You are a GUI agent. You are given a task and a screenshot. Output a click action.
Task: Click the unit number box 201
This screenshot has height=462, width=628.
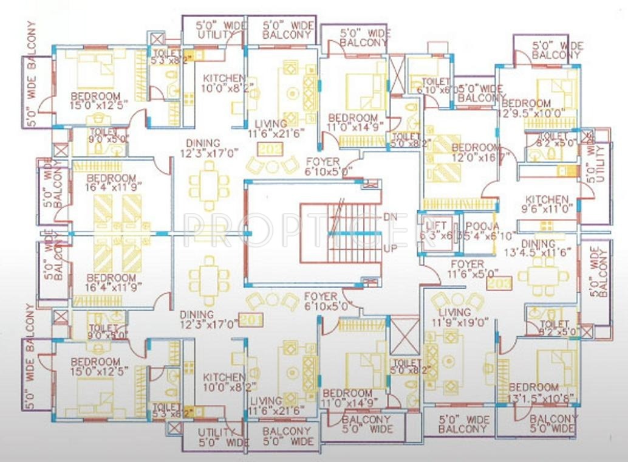coord(250,319)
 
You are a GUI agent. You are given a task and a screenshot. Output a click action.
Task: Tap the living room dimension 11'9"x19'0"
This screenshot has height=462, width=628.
coord(459,322)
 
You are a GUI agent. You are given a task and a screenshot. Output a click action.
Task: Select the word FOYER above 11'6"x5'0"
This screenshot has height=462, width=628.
coord(467,264)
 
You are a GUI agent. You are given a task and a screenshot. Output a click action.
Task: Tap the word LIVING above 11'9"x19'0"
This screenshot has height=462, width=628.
coord(451,311)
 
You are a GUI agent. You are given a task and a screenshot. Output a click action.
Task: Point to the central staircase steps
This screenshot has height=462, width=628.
coord(340,233)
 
